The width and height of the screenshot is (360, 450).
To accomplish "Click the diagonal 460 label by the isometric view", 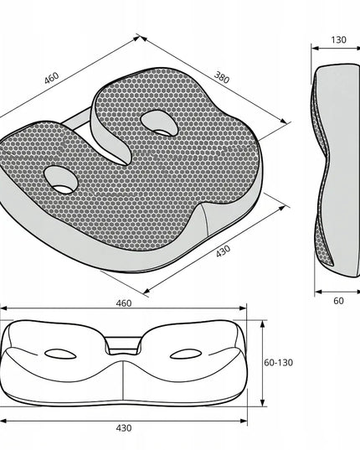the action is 52,78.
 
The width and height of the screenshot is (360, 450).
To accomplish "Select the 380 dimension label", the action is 222,77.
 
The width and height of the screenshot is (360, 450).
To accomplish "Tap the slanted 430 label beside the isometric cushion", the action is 223,251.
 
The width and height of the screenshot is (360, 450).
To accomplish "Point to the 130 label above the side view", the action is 338,39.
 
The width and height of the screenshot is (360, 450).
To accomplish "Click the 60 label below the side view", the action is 338,301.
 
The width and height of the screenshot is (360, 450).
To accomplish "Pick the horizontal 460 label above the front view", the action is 124,303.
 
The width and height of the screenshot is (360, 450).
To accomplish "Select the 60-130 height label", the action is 278,363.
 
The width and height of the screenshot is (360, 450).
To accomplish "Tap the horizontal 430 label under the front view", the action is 124,428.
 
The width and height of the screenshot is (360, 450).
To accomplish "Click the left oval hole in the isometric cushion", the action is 61,180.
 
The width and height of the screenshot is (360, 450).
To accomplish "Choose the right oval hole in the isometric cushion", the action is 159,123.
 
